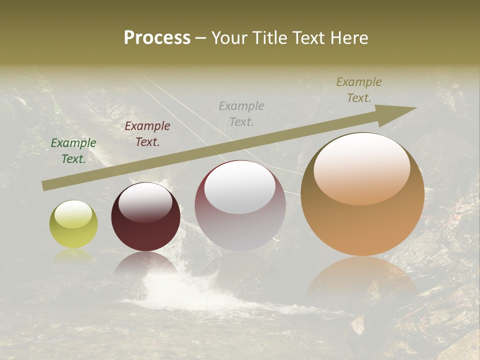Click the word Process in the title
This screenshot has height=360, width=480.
point(157,38)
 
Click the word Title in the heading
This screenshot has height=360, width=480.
point(265,38)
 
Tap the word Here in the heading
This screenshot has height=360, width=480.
point(348,38)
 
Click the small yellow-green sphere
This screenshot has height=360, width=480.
point(73,224)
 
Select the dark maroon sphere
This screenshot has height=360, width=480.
point(145,217)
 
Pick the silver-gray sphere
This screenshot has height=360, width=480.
point(240,206)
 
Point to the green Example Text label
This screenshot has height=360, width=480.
point(73,151)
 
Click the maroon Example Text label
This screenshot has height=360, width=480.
point(147,134)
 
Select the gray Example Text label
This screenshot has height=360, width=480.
point(241,113)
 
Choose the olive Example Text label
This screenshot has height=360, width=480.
point(359,90)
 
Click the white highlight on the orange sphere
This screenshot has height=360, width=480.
point(362,167)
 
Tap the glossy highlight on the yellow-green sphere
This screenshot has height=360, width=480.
point(73,214)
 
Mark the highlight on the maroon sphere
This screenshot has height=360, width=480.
point(145,201)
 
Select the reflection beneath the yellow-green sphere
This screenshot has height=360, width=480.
point(73,255)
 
